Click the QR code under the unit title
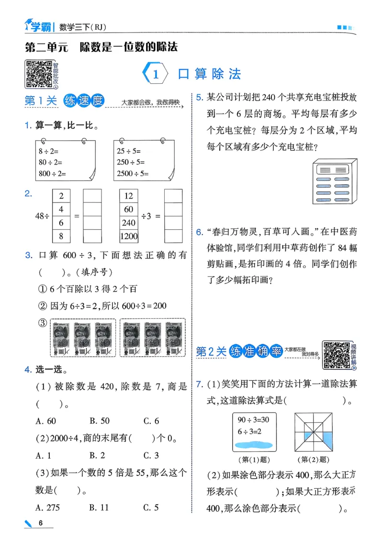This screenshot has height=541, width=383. [39, 74]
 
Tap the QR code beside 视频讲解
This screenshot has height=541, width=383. [336, 355]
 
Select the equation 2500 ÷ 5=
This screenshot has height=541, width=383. [133, 174]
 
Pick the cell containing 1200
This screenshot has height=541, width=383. [129, 236]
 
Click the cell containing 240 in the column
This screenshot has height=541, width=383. [129, 223]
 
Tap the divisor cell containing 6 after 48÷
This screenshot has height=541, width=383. [61, 223]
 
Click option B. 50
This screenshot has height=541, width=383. [100, 421]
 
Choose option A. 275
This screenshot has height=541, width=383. [46, 507]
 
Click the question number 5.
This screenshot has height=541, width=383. [200, 98]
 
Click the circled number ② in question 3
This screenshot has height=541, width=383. [42, 305]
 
